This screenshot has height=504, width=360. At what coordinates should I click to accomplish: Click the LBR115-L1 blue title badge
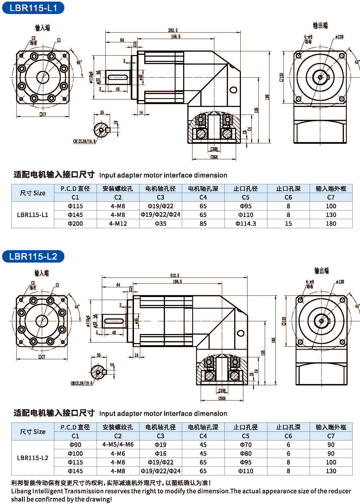pos(33,8)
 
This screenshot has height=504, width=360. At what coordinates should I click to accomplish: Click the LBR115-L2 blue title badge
pos(33,256)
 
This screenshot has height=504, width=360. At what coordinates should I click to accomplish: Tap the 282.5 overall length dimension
pos(173,30)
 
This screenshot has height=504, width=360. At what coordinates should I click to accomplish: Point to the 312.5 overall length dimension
pos(174,276)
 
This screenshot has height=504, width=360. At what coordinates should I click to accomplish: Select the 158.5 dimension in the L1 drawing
pos(175,37)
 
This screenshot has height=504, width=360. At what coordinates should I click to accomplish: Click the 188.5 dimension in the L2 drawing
pos(177,282)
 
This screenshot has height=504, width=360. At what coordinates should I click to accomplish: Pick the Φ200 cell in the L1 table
pos(75,224)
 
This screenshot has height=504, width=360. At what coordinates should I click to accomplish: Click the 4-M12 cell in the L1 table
pos(118,224)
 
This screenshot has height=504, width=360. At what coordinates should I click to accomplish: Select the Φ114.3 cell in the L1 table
pos(246,224)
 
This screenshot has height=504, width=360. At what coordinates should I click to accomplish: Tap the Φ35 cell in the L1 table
pos(161,224)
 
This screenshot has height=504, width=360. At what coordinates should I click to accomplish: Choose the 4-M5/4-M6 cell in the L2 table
pos(118,445)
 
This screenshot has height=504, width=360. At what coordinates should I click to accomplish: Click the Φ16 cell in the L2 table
pos(161,453)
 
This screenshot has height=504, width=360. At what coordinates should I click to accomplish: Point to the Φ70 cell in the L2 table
pos(246,445)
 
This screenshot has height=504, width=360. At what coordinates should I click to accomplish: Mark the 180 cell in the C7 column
pos(331,224)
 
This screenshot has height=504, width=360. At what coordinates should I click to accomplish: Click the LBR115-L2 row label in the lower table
pos(33,458)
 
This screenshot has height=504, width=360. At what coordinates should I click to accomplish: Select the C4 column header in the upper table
pos(203,197)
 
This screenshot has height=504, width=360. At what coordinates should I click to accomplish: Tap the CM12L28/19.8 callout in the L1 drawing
pos(84,141)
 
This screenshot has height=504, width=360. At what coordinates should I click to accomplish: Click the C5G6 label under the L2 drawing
pos(222,398)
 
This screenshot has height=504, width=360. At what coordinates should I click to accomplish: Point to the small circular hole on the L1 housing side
pos(233,90)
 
